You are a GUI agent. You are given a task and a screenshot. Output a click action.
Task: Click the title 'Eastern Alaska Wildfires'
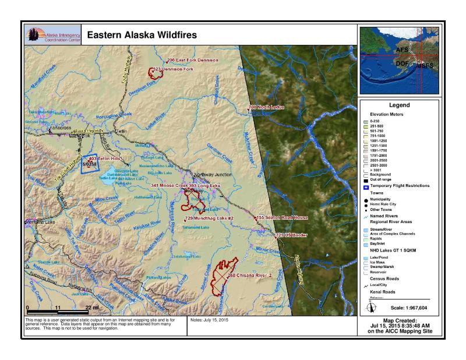click(142, 35)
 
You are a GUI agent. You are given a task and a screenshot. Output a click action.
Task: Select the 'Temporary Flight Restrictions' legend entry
click(403, 185)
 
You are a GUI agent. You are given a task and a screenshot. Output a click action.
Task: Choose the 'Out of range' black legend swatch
click(365, 179)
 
